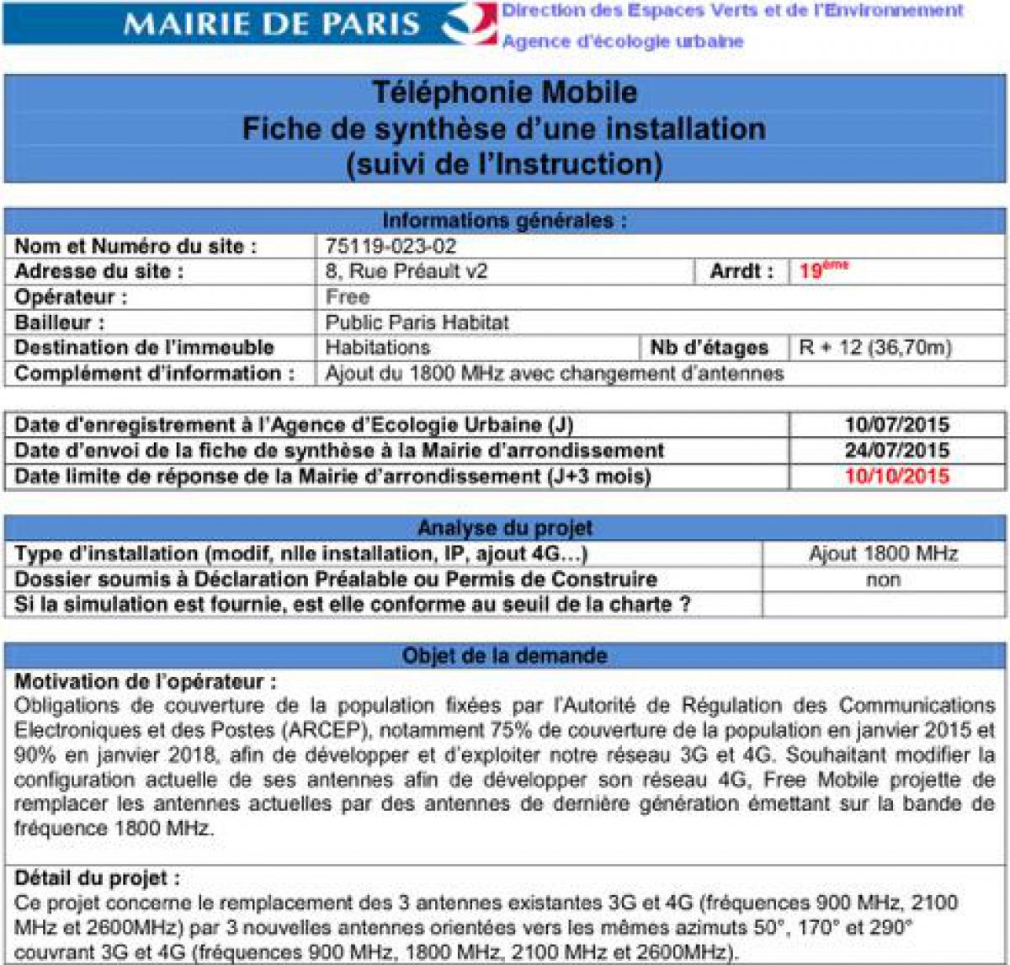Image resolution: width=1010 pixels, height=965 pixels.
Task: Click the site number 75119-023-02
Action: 391,247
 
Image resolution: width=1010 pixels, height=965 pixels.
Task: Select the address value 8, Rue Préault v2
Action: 407,271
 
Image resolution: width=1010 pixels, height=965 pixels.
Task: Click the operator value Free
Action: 347,296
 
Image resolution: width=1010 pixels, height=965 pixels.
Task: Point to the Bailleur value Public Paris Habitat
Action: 417,323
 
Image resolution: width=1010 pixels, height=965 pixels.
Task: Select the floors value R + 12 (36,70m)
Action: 874,348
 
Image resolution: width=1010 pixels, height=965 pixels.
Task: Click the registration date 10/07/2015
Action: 896,425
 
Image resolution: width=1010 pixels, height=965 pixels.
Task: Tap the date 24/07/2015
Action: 896,451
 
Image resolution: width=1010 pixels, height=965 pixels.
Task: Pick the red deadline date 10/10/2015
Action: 896,477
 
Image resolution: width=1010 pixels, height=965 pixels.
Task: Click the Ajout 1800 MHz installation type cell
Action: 883,554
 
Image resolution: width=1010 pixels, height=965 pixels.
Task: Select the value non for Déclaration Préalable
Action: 883,579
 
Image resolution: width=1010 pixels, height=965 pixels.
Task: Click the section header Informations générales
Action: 504,221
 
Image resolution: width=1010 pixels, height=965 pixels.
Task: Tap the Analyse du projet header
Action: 504,528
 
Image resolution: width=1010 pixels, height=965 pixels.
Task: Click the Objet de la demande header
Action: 504,656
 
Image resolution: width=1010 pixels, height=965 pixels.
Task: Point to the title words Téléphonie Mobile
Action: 504,92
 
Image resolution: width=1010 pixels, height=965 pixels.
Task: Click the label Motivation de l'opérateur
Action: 145,681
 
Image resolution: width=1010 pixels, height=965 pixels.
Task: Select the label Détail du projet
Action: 97,878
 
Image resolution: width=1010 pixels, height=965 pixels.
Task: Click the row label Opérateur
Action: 71,297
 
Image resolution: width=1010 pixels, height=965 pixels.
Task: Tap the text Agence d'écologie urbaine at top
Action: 623,41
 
